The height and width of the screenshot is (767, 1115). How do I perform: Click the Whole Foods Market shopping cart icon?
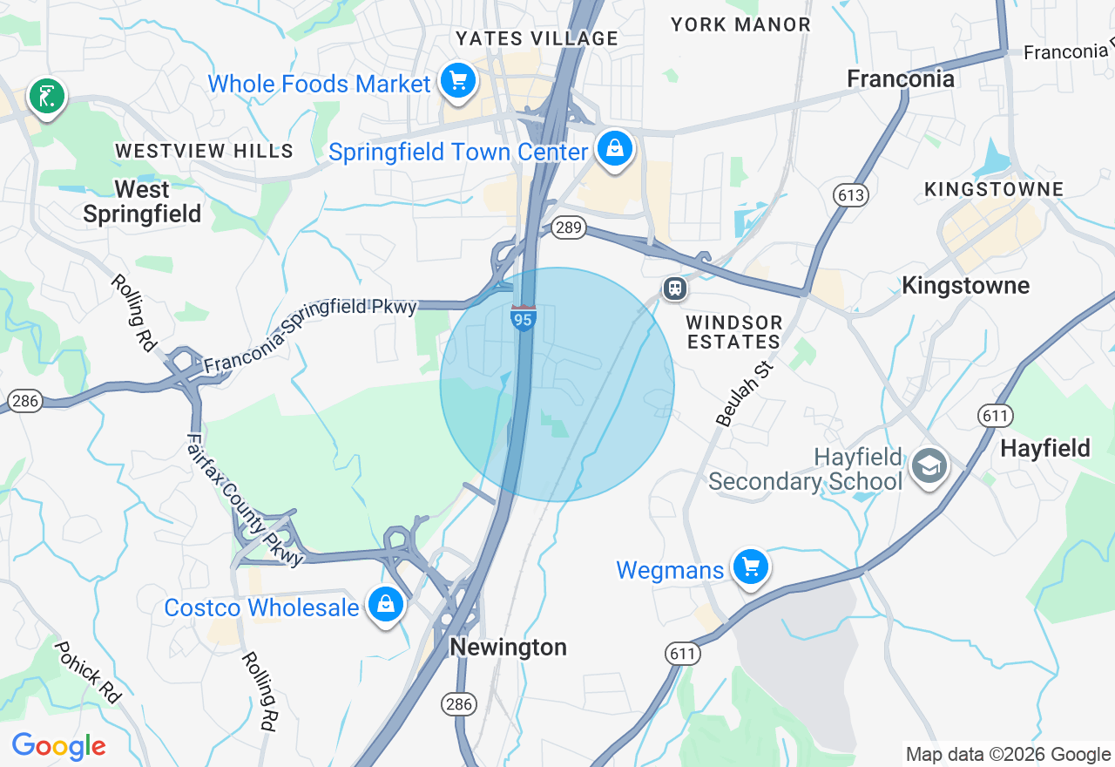(x=457, y=81)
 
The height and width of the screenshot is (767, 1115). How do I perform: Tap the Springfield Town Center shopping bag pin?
(x=615, y=148)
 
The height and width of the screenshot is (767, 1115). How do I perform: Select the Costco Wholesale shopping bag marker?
(x=385, y=603)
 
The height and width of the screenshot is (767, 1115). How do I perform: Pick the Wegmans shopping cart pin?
(x=750, y=567)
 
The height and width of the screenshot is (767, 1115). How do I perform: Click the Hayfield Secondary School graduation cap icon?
(x=929, y=467)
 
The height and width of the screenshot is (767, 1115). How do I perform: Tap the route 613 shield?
(x=850, y=194)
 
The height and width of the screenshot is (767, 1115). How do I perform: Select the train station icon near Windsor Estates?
(x=674, y=288)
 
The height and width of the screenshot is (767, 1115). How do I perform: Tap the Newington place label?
(x=508, y=647)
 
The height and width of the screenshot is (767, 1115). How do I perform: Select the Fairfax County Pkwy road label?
(x=245, y=500)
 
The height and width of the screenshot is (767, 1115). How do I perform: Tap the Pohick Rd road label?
(x=87, y=671)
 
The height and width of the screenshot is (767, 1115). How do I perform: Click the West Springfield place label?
(x=142, y=201)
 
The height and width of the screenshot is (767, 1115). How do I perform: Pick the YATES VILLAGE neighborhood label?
(x=537, y=38)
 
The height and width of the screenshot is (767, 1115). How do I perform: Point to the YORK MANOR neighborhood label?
(x=740, y=24)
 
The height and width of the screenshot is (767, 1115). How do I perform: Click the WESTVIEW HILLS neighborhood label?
(x=204, y=151)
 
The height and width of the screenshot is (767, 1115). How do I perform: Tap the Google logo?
(x=58, y=747)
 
